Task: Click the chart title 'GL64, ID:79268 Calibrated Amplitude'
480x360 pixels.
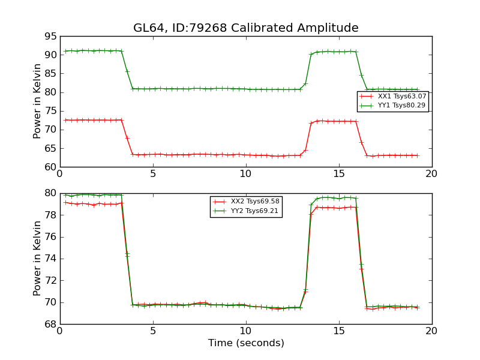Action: point(245,28)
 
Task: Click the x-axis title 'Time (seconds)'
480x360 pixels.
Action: point(246,343)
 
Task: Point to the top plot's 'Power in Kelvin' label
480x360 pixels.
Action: point(37,101)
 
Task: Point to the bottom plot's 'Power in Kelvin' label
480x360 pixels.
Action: point(37,259)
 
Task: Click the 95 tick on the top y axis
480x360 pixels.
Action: point(50,36)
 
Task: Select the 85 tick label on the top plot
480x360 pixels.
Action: point(50,73)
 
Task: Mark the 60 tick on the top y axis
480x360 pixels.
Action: point(50,167)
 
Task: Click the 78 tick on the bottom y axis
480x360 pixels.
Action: point(50,215)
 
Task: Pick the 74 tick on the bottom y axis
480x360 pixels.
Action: point(50,259)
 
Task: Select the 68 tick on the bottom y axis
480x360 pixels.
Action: point(50,324)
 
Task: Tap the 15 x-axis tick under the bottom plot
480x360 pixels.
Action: point(338,331)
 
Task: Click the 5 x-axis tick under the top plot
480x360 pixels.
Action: point(153,174)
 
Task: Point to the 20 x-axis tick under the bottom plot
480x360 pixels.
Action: point(431,331)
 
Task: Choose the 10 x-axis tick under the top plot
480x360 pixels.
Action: point(245,174)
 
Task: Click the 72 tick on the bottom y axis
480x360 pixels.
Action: point(50,280)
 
